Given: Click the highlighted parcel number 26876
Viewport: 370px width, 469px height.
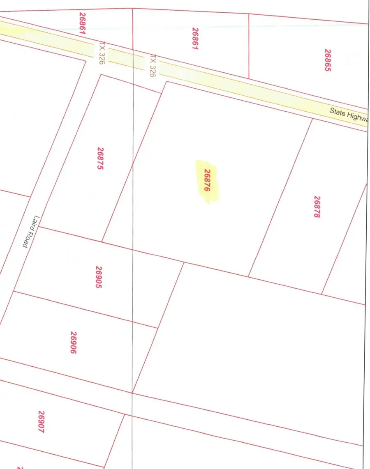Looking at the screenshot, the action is [207, 181].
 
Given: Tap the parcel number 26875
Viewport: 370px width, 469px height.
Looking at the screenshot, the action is [100, 159].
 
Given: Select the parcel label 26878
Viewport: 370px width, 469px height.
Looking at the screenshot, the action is [317, 207].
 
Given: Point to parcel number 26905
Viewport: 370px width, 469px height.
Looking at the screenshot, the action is [99, 277].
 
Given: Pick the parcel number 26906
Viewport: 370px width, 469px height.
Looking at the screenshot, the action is [74, 343].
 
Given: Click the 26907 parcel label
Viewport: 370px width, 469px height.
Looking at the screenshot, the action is [41, 422].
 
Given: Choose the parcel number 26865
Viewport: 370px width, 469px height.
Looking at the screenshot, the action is [328, 60].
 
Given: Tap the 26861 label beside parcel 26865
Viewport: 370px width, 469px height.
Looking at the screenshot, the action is [195, 39].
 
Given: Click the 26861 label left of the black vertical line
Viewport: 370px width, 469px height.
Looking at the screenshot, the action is [82, 23].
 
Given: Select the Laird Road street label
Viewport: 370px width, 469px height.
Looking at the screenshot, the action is [30, 232].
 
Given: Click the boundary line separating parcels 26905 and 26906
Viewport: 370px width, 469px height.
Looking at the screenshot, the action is [82, 310].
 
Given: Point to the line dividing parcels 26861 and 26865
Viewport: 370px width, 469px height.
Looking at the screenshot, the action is [249, 45].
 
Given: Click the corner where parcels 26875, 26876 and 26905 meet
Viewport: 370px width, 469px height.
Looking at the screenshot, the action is [102, 241].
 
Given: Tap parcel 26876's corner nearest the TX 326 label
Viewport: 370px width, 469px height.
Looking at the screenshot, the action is [166, 82].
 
